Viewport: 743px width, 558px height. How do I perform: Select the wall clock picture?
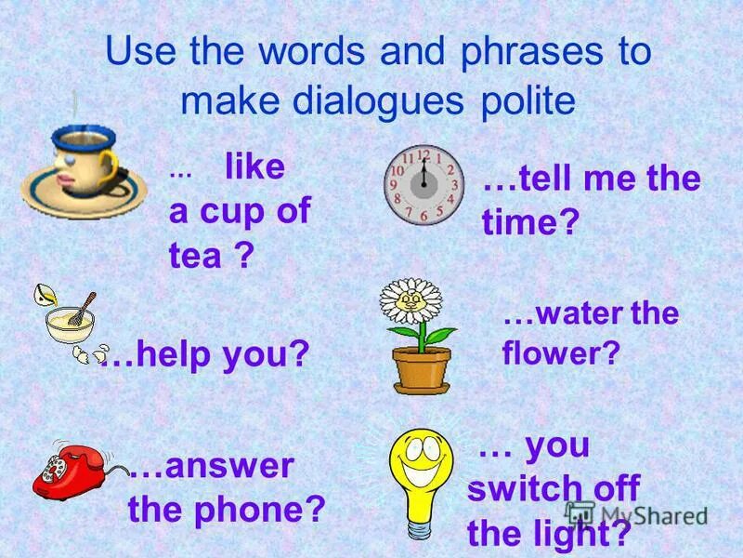click(x=424, y=184)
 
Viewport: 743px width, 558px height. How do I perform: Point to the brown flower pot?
click(x=421, y=368)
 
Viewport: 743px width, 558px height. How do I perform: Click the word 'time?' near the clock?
click(x=530, y=221)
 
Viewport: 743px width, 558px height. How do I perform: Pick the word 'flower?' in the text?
click(x=560, y=353)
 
